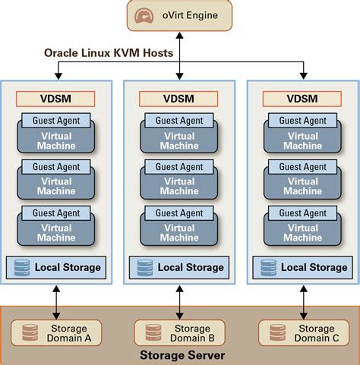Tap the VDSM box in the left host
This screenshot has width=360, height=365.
pyautogui.click(x=55, y=99)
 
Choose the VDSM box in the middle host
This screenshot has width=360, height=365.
pyautogui.click(x=179, y=99)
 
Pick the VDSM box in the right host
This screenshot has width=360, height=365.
pyautogui.click(x=304, y=99)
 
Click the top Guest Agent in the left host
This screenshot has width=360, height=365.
pyautogui.click(x=55, y=121)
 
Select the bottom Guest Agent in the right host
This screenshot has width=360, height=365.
pyautogui.click(x=304, y=213)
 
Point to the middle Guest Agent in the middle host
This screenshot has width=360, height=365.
pyautogui.click(x=179, y=167)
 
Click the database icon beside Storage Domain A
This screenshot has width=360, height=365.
pyautogui.click(x=30, y=333)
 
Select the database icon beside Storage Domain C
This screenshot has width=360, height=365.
pyautogui.click(x=277, y=333)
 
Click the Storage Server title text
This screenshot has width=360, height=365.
pyautogui.click(x=180, y=355)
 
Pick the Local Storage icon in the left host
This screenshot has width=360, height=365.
pyautogui.click(x=22, y=267)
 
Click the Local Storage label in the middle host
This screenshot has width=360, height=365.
pyautogui.click(x=191, y=267)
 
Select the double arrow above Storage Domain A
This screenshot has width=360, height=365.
pyautogui.click(x=55, y=302)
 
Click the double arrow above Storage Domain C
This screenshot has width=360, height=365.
pyautogui.click(x=304, y=302)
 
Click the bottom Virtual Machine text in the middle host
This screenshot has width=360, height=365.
pyautogui.click(x=179, y=233)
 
